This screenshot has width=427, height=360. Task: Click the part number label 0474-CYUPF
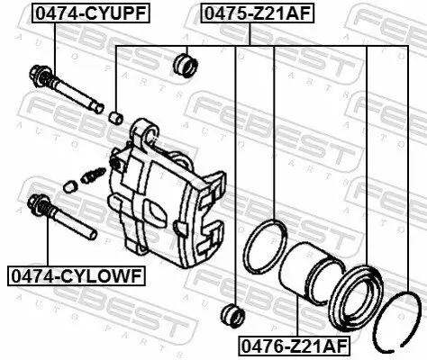91,13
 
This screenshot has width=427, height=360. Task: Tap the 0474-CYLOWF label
76,275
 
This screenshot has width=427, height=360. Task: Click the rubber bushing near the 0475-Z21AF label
185,64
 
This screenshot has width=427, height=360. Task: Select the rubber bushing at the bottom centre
233,314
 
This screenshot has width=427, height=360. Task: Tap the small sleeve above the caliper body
115,117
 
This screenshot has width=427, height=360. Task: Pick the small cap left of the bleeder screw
69,186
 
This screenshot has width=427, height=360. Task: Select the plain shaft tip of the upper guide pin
93,103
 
